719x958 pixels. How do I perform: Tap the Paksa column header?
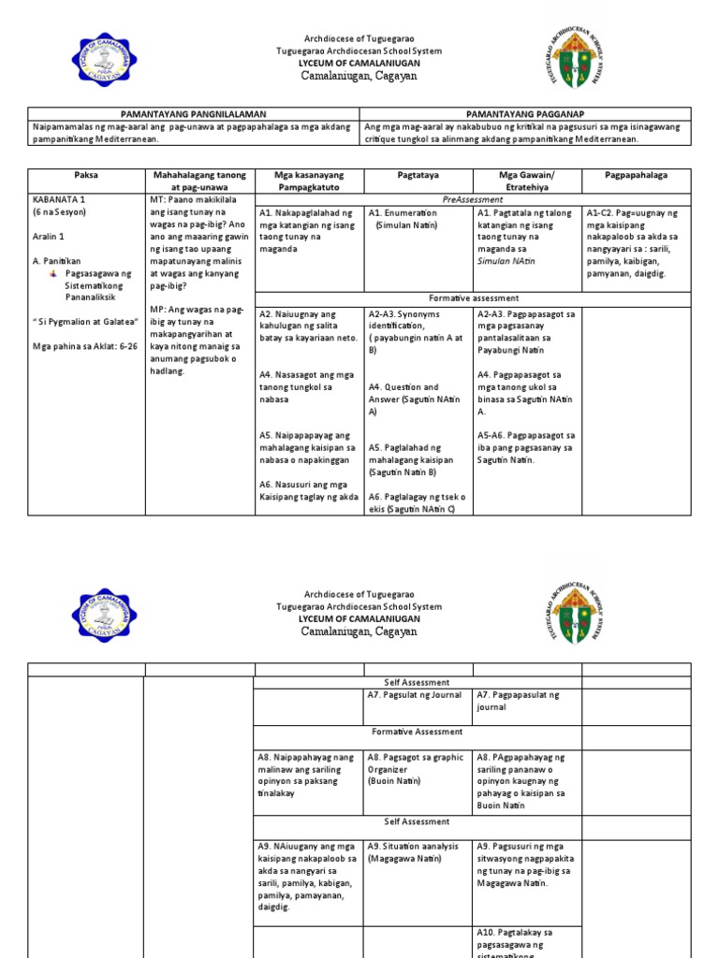point(85,175)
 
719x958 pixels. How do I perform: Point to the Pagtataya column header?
point(418,175)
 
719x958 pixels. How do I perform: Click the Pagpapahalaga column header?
point(637,175)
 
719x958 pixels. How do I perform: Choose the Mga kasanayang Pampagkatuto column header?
point(309,181)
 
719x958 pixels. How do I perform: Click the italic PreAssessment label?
point(473,199)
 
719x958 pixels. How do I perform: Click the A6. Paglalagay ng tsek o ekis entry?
point(418,502)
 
